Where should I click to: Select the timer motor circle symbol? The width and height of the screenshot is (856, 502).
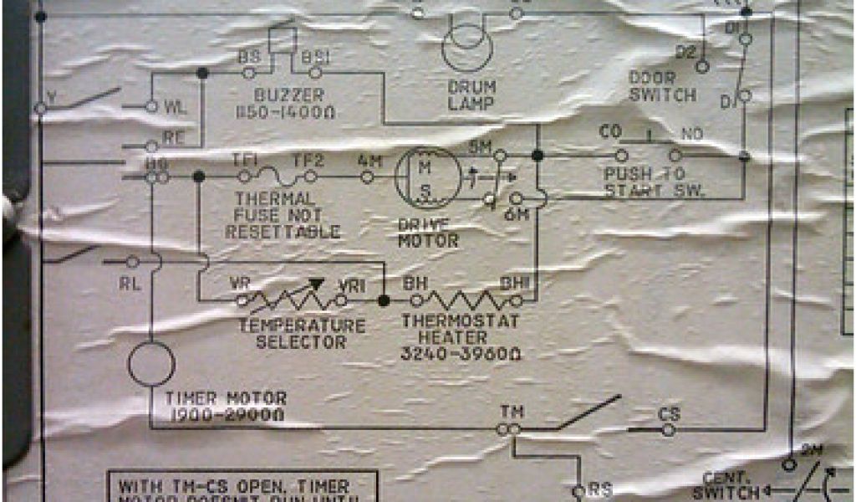coord(151,364)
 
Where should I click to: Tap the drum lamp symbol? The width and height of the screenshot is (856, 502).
coord(467,46)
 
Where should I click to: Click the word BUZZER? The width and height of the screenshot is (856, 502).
coord(290,95)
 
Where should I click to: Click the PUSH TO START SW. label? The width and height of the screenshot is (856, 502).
coord(654,181)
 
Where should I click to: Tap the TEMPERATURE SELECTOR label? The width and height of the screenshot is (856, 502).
coord(300,333)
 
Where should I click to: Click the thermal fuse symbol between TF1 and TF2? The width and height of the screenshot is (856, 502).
coord(277,177)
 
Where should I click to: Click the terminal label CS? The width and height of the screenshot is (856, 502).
coord(669,413)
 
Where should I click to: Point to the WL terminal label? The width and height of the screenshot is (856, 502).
coord(174,107)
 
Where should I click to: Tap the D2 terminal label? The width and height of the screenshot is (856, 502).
coord(685,52)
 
